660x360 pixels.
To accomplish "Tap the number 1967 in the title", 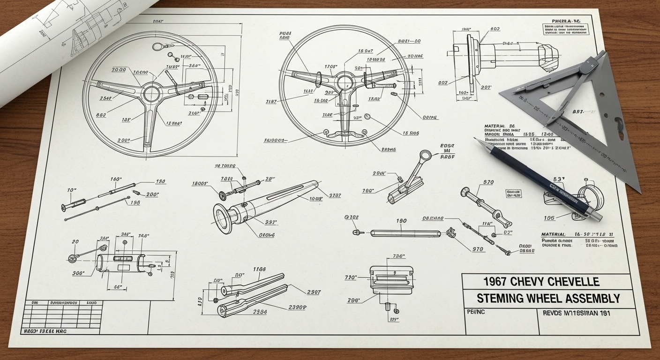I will [x=496, y=282].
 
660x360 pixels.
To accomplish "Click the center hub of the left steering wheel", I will [x=152, y=93].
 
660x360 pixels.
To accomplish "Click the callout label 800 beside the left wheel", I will [x=101, y=115].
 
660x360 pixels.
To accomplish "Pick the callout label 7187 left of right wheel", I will [x=271, y=101].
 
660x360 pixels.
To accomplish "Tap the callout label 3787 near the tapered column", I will [x=335, y=195].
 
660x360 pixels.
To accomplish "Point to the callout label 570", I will [x=488, y=182].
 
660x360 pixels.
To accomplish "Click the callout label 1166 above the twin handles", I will [x=259, y=269].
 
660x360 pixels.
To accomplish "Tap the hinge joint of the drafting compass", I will [x=585, y=68].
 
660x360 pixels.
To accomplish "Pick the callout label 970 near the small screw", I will [x=478, y=249].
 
